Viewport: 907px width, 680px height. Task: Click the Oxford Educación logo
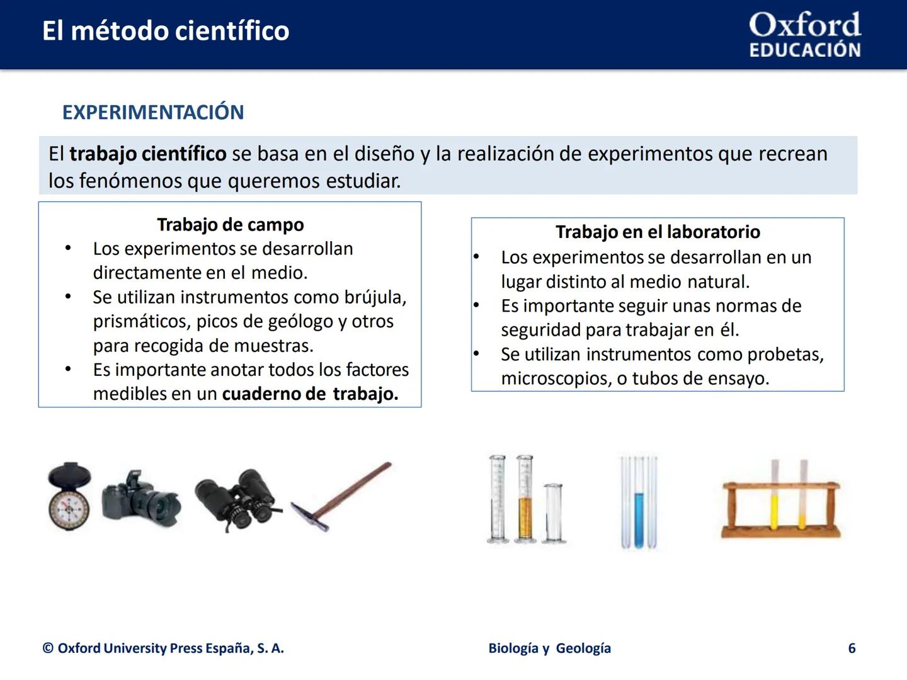804,35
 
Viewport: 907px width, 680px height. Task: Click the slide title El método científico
166,31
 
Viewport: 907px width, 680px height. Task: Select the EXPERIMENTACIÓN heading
153,112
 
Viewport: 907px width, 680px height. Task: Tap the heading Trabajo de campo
230,225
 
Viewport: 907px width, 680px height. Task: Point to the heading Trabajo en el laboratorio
658,232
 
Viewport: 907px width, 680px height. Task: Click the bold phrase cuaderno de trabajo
310,394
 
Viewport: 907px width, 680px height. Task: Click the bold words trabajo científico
147,154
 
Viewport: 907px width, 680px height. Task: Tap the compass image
69,497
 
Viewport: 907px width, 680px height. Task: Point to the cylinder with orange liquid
524,504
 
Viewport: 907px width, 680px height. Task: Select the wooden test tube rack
780,504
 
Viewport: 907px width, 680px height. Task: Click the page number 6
852,649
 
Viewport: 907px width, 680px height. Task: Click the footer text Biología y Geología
549,649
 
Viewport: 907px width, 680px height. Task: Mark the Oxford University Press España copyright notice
163,649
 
